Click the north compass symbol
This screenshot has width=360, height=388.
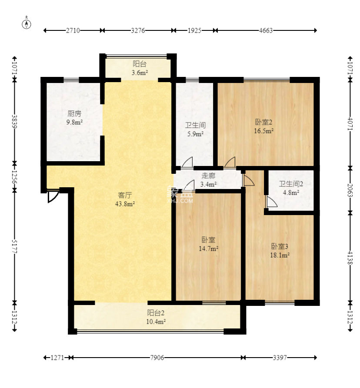pos(27,24)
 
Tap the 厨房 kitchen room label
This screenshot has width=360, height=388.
pos(74,113)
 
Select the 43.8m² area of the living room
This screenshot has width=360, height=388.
pos(125,204)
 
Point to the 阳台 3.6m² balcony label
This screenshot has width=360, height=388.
pos(140,68)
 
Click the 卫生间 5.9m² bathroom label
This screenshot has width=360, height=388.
pos(195,129)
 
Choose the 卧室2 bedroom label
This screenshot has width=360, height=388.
pos(263,122)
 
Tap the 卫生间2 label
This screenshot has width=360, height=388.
pos(291,184)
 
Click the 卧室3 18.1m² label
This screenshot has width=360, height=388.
pos(280,251)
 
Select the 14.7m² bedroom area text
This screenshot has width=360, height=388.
pos(208,249)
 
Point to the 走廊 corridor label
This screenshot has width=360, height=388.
pos(208,176)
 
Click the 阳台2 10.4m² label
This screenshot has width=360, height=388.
pos(156,317)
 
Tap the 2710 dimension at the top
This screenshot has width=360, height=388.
pos(73,30)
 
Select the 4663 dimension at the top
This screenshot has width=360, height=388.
pos(266,30)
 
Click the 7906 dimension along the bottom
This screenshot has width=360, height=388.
pos(157,358)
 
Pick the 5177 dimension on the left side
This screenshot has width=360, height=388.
pos(15,246)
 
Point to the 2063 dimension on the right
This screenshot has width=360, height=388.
pos(350,190)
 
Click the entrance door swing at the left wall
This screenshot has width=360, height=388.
pos(53,197)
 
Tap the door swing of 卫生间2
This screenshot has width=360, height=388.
pos(272,202)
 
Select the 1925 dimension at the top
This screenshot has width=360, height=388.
pos(194,30)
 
